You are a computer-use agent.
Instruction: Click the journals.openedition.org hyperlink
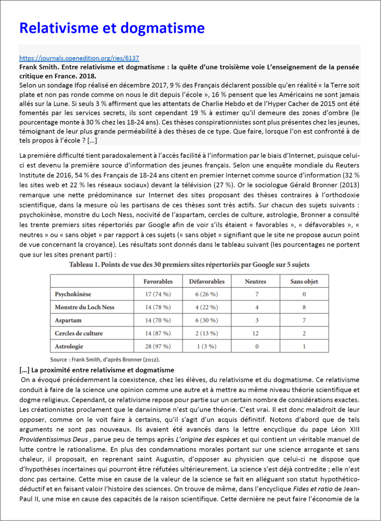[79, 58]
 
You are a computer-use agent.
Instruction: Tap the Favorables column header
[158, 281]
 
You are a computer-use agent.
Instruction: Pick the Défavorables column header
[207, 281]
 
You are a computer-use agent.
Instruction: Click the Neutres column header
[256, 281]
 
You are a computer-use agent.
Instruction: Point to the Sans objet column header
[304, 281]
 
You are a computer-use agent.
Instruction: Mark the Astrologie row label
[70, 346]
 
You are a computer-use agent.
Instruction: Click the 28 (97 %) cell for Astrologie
[158, 346]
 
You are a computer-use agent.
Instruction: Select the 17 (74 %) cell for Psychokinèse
[158, 294]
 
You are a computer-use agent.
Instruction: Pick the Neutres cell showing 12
[257, 334]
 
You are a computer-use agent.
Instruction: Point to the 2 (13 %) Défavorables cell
[207, 334]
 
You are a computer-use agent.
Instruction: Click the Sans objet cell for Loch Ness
[304, 308]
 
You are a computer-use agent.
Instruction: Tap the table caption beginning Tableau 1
[189, 265]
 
